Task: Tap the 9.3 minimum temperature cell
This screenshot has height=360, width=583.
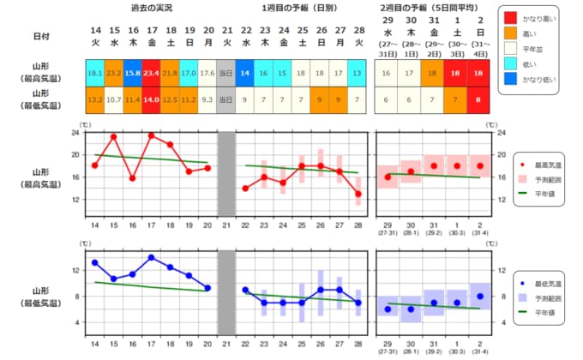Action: point(207,99)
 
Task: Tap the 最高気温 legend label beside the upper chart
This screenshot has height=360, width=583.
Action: point(549,163)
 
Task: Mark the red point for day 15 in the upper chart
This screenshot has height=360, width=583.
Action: point(113,136)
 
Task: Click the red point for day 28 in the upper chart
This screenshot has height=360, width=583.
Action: point(358,194)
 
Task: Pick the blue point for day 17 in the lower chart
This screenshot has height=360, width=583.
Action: point(151,257)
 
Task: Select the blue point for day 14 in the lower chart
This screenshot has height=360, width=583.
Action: point(94,262)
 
